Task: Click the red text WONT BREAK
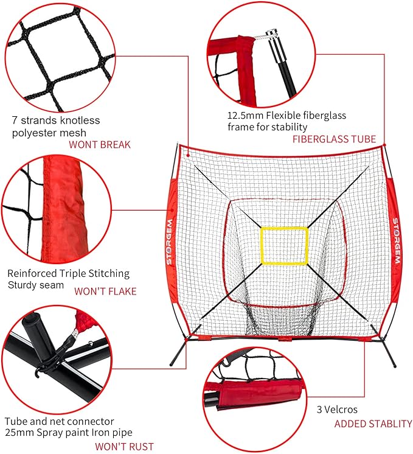(x=99, y=145)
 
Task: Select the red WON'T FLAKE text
(x=105, y=291)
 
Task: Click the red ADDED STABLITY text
(x=373, y=424)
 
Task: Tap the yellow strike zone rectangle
(x=284, y=245)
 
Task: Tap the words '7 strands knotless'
(x=56, y=120)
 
